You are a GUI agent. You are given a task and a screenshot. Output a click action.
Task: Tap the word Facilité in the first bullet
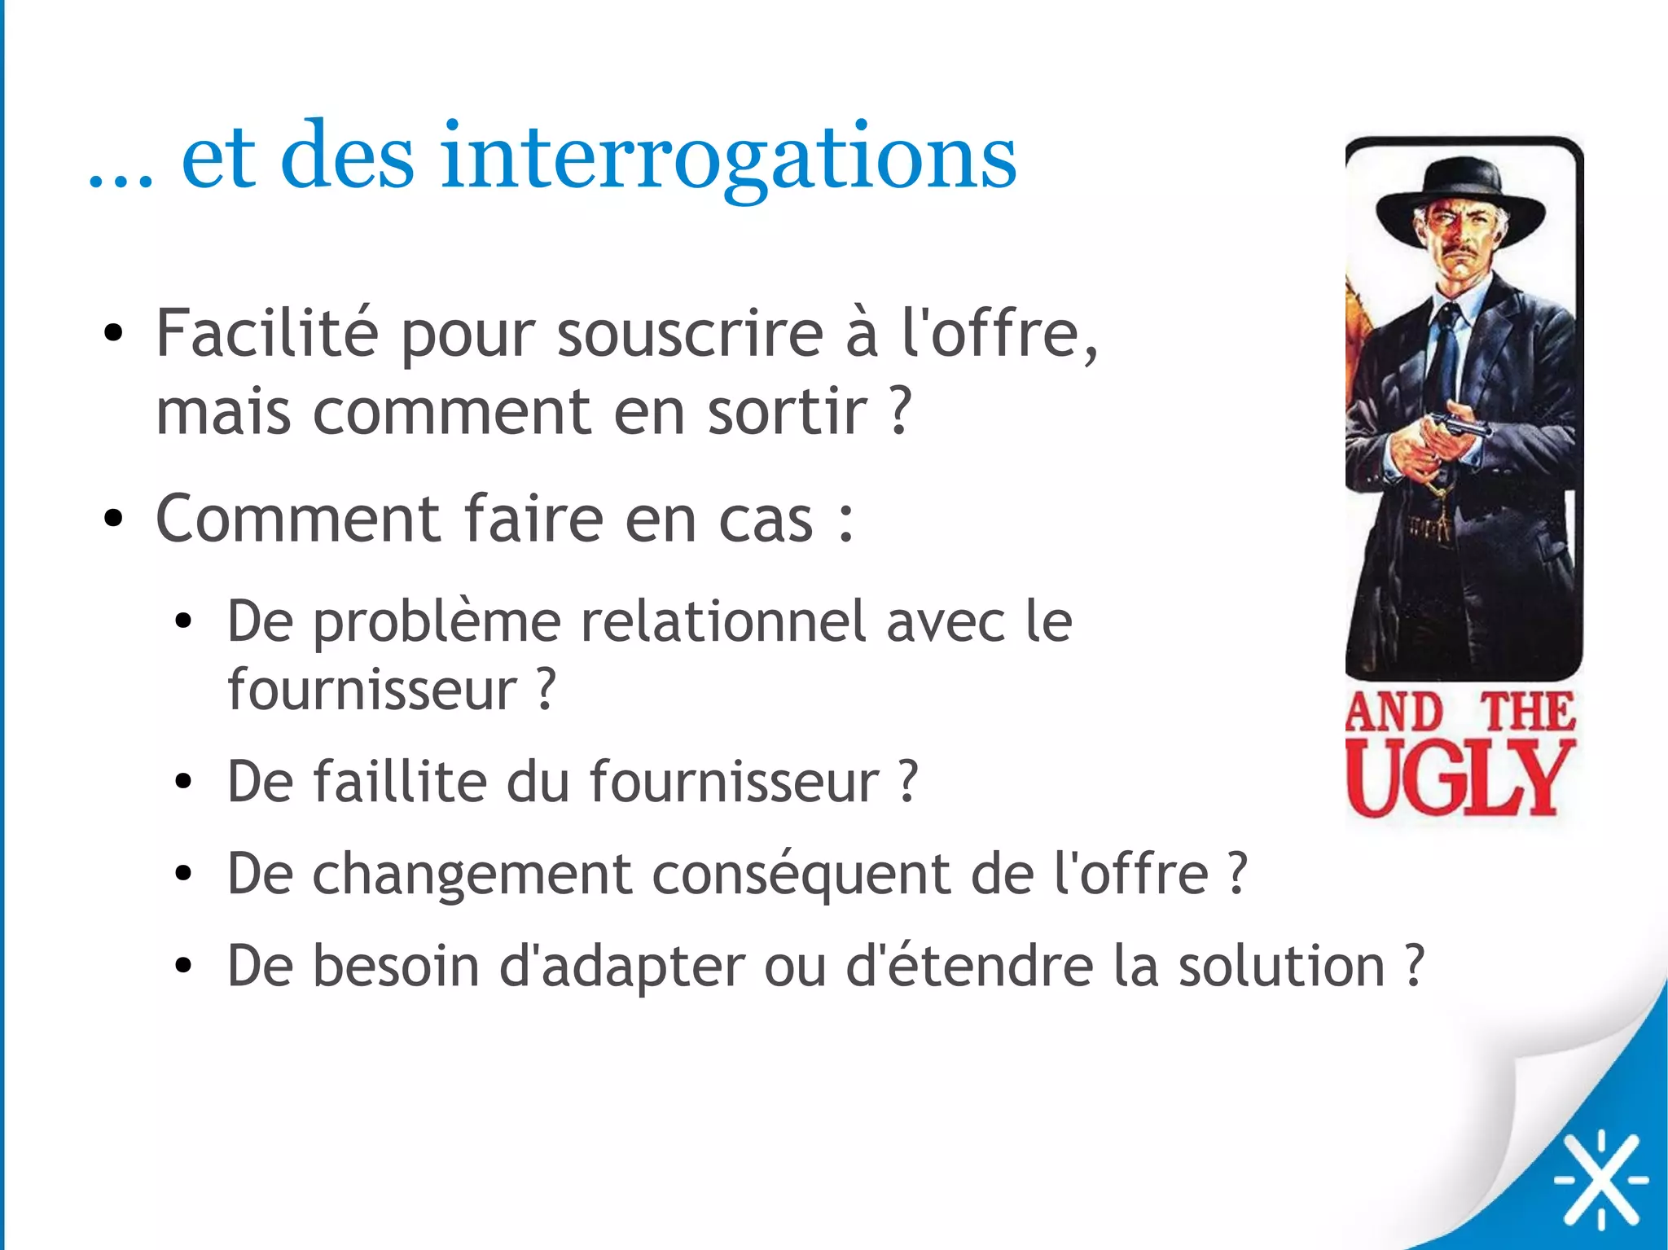[x=267, y=333]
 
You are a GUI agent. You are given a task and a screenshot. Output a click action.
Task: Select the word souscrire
[x=690, y=333]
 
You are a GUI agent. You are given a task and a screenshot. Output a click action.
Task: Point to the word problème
[x=437, y=623]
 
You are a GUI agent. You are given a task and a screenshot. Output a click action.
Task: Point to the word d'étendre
[x=969, y=966]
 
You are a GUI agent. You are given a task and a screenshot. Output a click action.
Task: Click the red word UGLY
[x=1457, y=779]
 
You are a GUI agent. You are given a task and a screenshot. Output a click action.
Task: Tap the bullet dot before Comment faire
[x=113, y=518]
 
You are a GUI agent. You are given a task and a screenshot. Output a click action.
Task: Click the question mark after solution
[x=1415, y=966]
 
